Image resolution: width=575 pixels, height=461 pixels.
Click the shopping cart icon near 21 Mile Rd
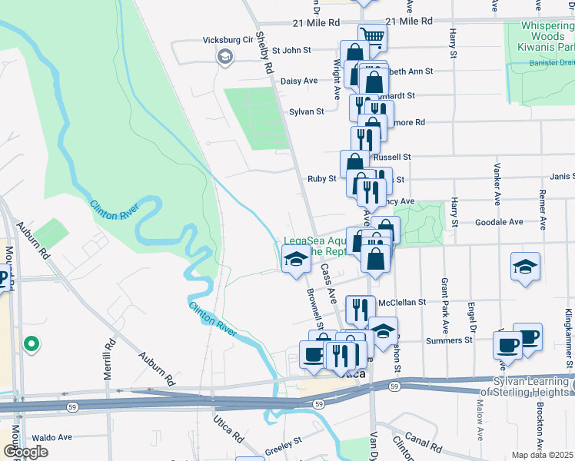(x=372, y=35)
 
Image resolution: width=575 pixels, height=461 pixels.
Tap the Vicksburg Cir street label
(x=228, y=40)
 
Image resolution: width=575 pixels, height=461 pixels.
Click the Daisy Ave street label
(x=300, y=81)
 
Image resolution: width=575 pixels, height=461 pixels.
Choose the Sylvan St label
(x=306, y=111)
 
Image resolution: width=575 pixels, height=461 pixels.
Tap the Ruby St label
(x=321, y=179)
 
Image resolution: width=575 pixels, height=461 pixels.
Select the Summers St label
(x=453, y=340)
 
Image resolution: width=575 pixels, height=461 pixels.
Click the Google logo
(x=26, y=452)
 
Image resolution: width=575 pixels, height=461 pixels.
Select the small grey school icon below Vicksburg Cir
(x=225, y=57)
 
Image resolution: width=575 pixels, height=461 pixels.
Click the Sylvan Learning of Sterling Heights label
(x=527, y=386)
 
